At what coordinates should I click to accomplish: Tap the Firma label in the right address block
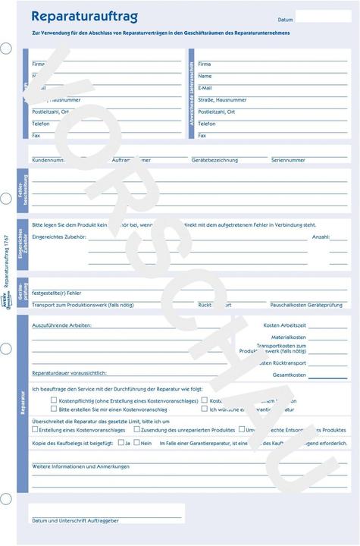(x=205, y=64)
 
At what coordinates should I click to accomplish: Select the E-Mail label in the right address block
(x=205, y=88)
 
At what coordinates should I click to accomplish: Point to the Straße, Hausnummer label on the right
(x=222, y=100)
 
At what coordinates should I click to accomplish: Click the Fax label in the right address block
(x=202, y=136)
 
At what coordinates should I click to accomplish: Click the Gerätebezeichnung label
(x=214, y=160)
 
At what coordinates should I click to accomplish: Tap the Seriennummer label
(x=288, y=160)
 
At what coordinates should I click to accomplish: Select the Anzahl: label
(x=321, y=237)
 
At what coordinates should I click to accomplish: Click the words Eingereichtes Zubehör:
(x=59, y=237)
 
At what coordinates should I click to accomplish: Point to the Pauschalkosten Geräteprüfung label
(x=302, y=304)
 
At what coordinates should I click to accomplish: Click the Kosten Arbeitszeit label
(x=284, y=325)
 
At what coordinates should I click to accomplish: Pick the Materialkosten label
(x=289, y=337)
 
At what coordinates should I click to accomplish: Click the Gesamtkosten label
(x=289, y=375)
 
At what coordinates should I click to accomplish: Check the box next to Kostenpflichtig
(x=54, y=400)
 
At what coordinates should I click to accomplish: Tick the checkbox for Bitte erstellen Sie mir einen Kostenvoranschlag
(x=54, y=409)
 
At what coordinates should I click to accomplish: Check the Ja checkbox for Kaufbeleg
(x=119, y=442)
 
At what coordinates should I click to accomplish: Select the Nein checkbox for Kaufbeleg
(x=136, y=442)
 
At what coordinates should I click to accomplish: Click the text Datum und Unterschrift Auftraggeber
(x=75, y=520)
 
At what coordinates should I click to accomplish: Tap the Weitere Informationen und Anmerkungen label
(x=80, y=466)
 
